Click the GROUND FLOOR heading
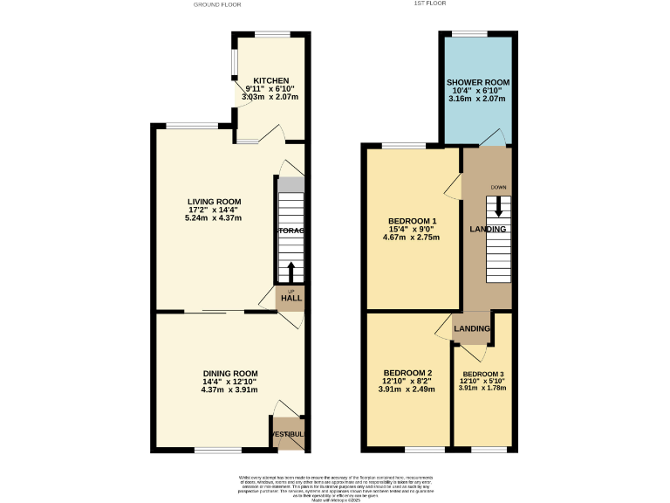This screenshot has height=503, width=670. click(216, 4)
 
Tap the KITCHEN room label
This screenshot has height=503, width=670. click(271, 80)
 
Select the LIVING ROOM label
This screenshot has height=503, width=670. click(215, 202)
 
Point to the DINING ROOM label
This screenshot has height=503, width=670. click(230, 374)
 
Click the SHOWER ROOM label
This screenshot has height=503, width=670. click(478, 82)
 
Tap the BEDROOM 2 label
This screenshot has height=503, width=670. click(407, 372)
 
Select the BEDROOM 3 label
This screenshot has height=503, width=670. click(482, 375)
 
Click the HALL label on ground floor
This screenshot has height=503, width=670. click(291, 299)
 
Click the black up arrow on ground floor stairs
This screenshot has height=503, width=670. click(291, 272)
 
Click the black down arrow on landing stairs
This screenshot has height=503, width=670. click(498, 206)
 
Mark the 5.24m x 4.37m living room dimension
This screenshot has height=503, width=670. click(215, 217)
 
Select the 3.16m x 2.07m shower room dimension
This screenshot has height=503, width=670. click(478, 99)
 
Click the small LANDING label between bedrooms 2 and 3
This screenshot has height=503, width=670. click(472, 328)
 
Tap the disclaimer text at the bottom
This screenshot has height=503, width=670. click(334, 486)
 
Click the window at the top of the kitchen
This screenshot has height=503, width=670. click(272, 34)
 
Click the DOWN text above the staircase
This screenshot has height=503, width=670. click(498, 188)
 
